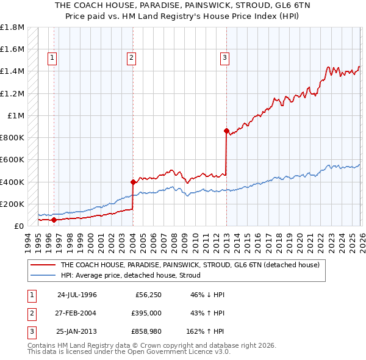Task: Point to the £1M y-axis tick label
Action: pyautogui.click(x=16, y=116)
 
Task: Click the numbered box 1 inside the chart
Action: pyautogui.click(x=52, y=58)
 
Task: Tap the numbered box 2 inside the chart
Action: pyautogui.click(x=131, y=58)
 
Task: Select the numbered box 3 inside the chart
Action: pyautogui.click(x=224, y=58)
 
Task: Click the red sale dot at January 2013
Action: pyautogui.click(x=226, y=131)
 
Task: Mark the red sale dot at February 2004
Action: pyautogui.click(x=133, y=182)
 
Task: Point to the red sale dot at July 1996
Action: pyautogui.click(x=54, y=220)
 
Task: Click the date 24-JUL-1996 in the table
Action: pyautogui.click(x=77, y=294)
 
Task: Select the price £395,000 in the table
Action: pyautogui.click(x=146, y=313)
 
